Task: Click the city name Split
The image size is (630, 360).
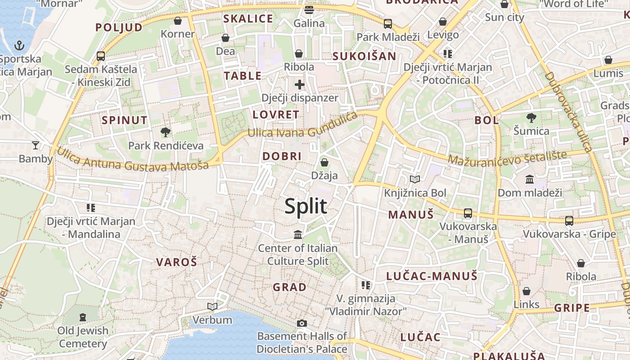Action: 306,206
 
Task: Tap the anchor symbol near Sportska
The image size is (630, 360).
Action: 19,45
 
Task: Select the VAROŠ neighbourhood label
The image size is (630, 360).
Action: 176,262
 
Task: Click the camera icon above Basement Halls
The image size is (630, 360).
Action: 302,323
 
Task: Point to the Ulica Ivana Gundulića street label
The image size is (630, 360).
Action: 302,127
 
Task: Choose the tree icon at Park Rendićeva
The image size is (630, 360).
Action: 166,132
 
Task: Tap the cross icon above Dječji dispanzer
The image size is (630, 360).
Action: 300,84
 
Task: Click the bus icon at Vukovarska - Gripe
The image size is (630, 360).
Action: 569,220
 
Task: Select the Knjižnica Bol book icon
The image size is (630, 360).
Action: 415,180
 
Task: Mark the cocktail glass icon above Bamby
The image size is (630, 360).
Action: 36,145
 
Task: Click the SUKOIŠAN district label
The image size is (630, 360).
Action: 364,56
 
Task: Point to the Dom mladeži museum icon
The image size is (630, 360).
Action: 530,179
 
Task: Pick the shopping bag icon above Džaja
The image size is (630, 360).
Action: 324,162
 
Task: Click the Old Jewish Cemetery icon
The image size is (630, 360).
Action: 83,317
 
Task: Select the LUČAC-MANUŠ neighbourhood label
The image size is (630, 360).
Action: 432,276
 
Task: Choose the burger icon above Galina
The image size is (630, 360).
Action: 309,9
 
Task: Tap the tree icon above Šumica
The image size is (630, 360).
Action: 531,118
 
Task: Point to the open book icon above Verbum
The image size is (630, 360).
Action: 212,306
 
